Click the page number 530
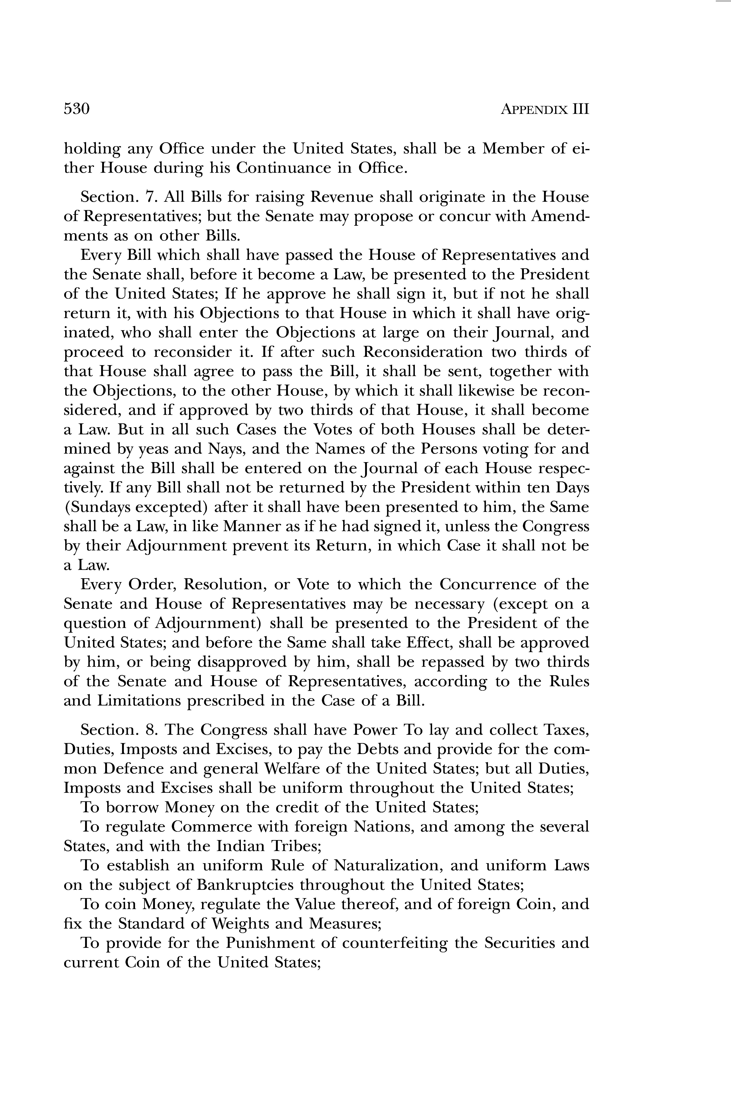point(77,109)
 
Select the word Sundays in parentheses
point(102,507)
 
